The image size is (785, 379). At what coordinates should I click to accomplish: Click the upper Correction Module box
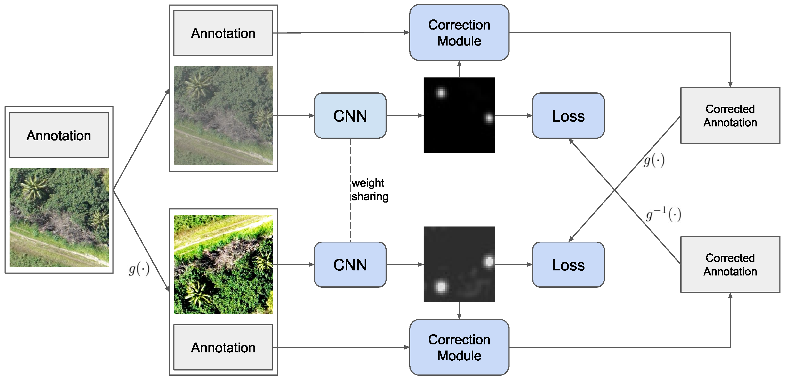coord(459,33)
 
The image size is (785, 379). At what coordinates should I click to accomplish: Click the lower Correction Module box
coord(459,347)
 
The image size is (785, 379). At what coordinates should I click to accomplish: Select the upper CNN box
coord(350,116)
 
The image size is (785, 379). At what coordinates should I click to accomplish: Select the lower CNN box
coord(350,265)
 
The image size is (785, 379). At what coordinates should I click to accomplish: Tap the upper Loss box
coord(568,116)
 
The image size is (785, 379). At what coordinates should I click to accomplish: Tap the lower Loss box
coord(568,265)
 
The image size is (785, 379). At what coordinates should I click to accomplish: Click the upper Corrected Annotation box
coord(730,116)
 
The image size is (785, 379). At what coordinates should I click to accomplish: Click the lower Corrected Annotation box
coord(730,264)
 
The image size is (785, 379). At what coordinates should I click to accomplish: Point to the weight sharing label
coord(369,189)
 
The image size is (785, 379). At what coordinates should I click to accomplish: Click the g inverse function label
coord(663,214)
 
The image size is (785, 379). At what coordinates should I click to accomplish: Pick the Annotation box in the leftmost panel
coord(59,135)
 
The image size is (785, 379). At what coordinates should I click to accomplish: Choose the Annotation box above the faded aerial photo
coord(223,33)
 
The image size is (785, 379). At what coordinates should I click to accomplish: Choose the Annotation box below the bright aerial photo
coord(223,347)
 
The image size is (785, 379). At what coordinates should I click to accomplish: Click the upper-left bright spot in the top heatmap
coord(441,92)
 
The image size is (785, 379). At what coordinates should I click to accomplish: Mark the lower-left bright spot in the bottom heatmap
coord(441,287)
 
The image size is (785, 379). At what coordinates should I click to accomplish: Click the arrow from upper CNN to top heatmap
coord(405,116)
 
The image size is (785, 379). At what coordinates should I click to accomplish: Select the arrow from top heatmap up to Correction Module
coord(459,69)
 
